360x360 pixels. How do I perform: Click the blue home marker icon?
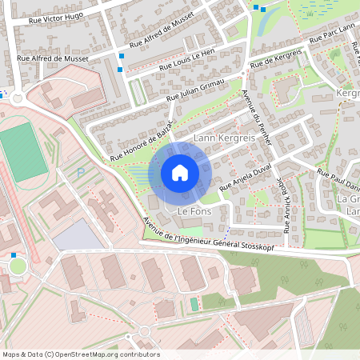coord(180,173)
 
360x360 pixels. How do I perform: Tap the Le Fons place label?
coord(193,212)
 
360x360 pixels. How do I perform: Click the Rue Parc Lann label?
coord(330,35)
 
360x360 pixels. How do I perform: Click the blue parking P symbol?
coord(79,173)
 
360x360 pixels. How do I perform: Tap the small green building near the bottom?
coord(194,305)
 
